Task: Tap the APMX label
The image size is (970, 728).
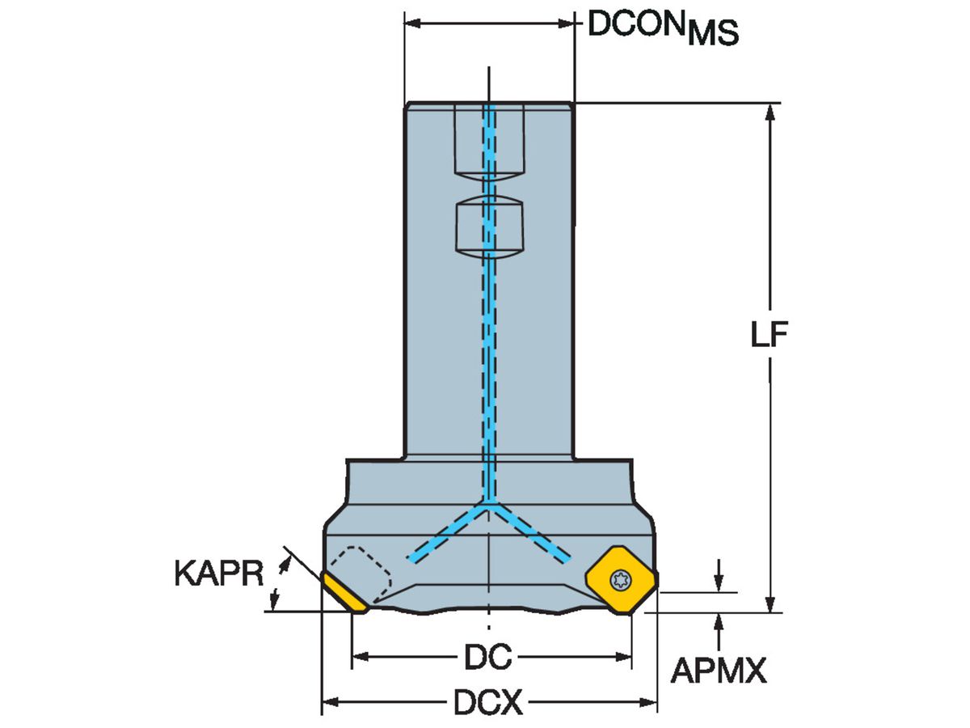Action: click(719, 671)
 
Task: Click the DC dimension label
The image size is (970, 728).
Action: click(488, 658)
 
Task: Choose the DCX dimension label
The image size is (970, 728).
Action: click(488, 704)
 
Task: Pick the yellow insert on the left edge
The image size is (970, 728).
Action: click(344, 595)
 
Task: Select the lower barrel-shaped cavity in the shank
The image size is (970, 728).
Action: click(489, 227)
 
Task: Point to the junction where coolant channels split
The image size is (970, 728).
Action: click(489, 504)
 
